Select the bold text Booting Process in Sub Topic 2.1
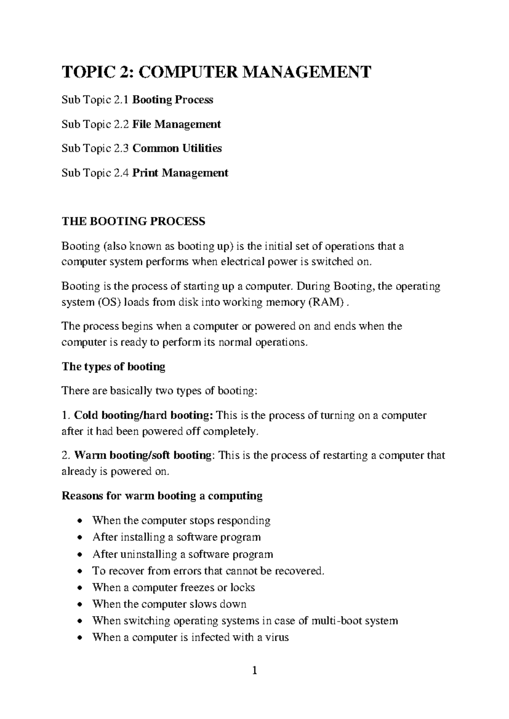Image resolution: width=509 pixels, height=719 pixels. (173, 100)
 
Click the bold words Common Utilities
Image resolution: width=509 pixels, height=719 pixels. (177, 148)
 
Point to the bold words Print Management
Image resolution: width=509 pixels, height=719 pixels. (180, 173)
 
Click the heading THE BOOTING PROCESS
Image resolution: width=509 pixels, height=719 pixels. (134, 221)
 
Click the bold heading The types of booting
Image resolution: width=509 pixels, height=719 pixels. (113, 367)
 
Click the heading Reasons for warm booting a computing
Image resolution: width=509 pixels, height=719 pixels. (162, 496)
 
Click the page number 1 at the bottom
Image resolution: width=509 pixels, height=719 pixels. (255, 682)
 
